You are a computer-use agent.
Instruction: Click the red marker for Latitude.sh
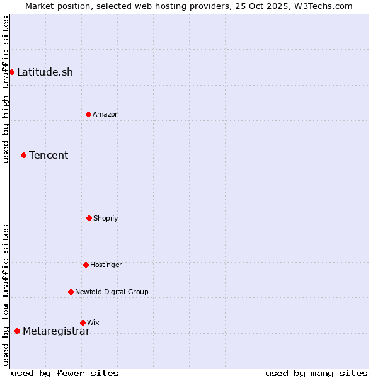(11, 72)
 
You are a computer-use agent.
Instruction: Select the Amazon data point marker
(88, 114)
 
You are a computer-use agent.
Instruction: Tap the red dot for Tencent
(23, 155)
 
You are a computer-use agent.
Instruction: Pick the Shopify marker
(89, 218)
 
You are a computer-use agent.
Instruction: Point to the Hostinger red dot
(86, 265)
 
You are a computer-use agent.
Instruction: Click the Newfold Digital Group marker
(71, 292)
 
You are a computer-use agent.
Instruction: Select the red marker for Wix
(83, 323)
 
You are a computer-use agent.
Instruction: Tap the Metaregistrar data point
(17, 331)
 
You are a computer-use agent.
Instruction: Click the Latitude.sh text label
(45, 72)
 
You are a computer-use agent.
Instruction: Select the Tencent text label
(49, 155)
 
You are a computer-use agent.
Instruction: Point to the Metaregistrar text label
(56, 331)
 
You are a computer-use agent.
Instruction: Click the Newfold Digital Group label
(112, 292)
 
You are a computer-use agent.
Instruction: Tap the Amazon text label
(105, 114)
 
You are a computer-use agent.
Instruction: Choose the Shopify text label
(105, 218)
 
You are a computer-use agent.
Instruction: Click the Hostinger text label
(106, 265)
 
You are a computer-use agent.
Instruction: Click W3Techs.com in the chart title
(325, 6)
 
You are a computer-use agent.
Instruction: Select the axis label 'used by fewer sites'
(65, 373)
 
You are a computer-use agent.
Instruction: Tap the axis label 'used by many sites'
(316, 373)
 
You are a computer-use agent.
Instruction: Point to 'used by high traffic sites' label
(6, 90)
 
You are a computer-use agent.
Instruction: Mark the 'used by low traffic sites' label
(6, 295)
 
